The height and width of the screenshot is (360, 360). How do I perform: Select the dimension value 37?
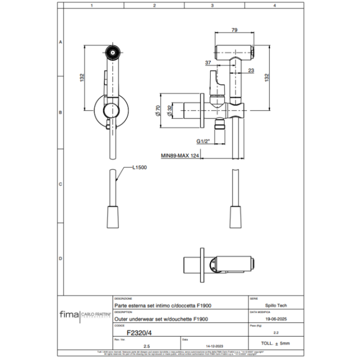[208, 62]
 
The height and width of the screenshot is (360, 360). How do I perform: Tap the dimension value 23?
[251, 70]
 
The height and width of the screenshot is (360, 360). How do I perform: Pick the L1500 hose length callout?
[139, 168]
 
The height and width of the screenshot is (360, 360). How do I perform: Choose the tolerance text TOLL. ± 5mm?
[275, 343]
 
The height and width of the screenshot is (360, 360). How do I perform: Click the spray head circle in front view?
[112, 51]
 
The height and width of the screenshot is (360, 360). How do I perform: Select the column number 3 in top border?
[212, 5]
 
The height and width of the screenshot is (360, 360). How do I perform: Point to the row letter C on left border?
[60, 184]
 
